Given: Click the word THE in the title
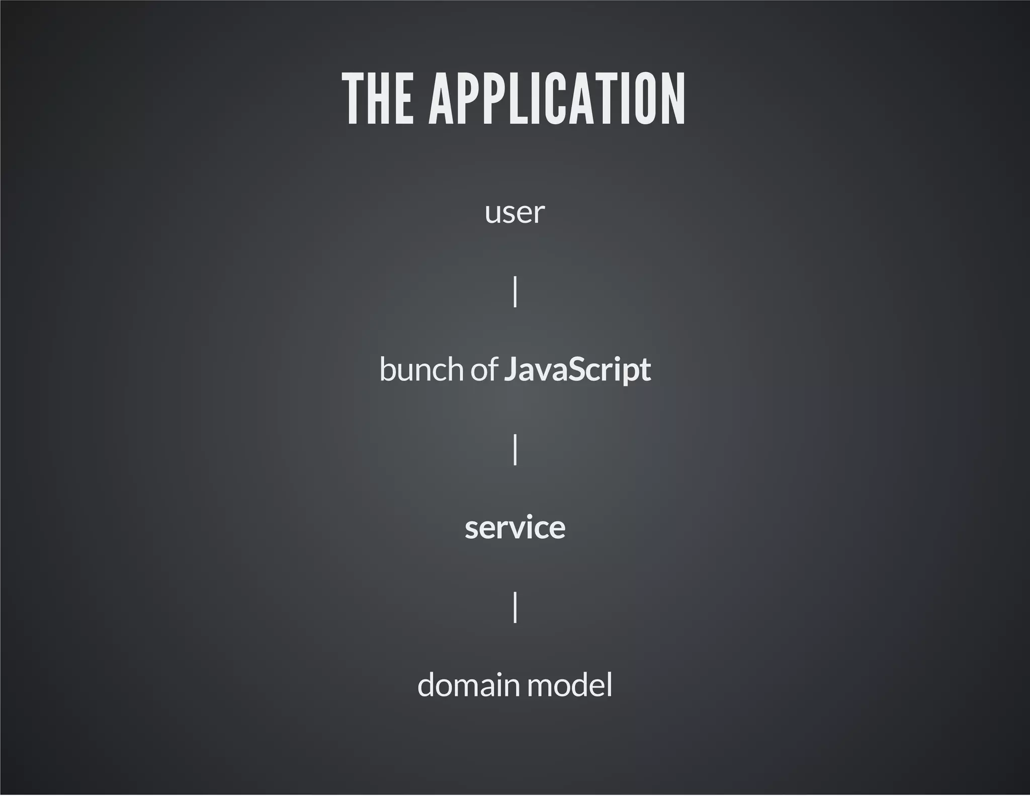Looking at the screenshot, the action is tap(378, 99).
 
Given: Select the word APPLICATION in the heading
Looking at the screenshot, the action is tap(557, 99).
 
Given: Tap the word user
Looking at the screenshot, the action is tap(514, 213).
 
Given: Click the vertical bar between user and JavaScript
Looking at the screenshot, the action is tap(515, 291).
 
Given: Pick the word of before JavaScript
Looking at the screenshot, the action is tap(484, 370).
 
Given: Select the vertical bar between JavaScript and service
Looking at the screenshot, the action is tap(515, 449).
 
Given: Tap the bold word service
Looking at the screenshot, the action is tap(515, 528).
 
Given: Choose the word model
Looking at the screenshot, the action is tap(570, 685).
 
